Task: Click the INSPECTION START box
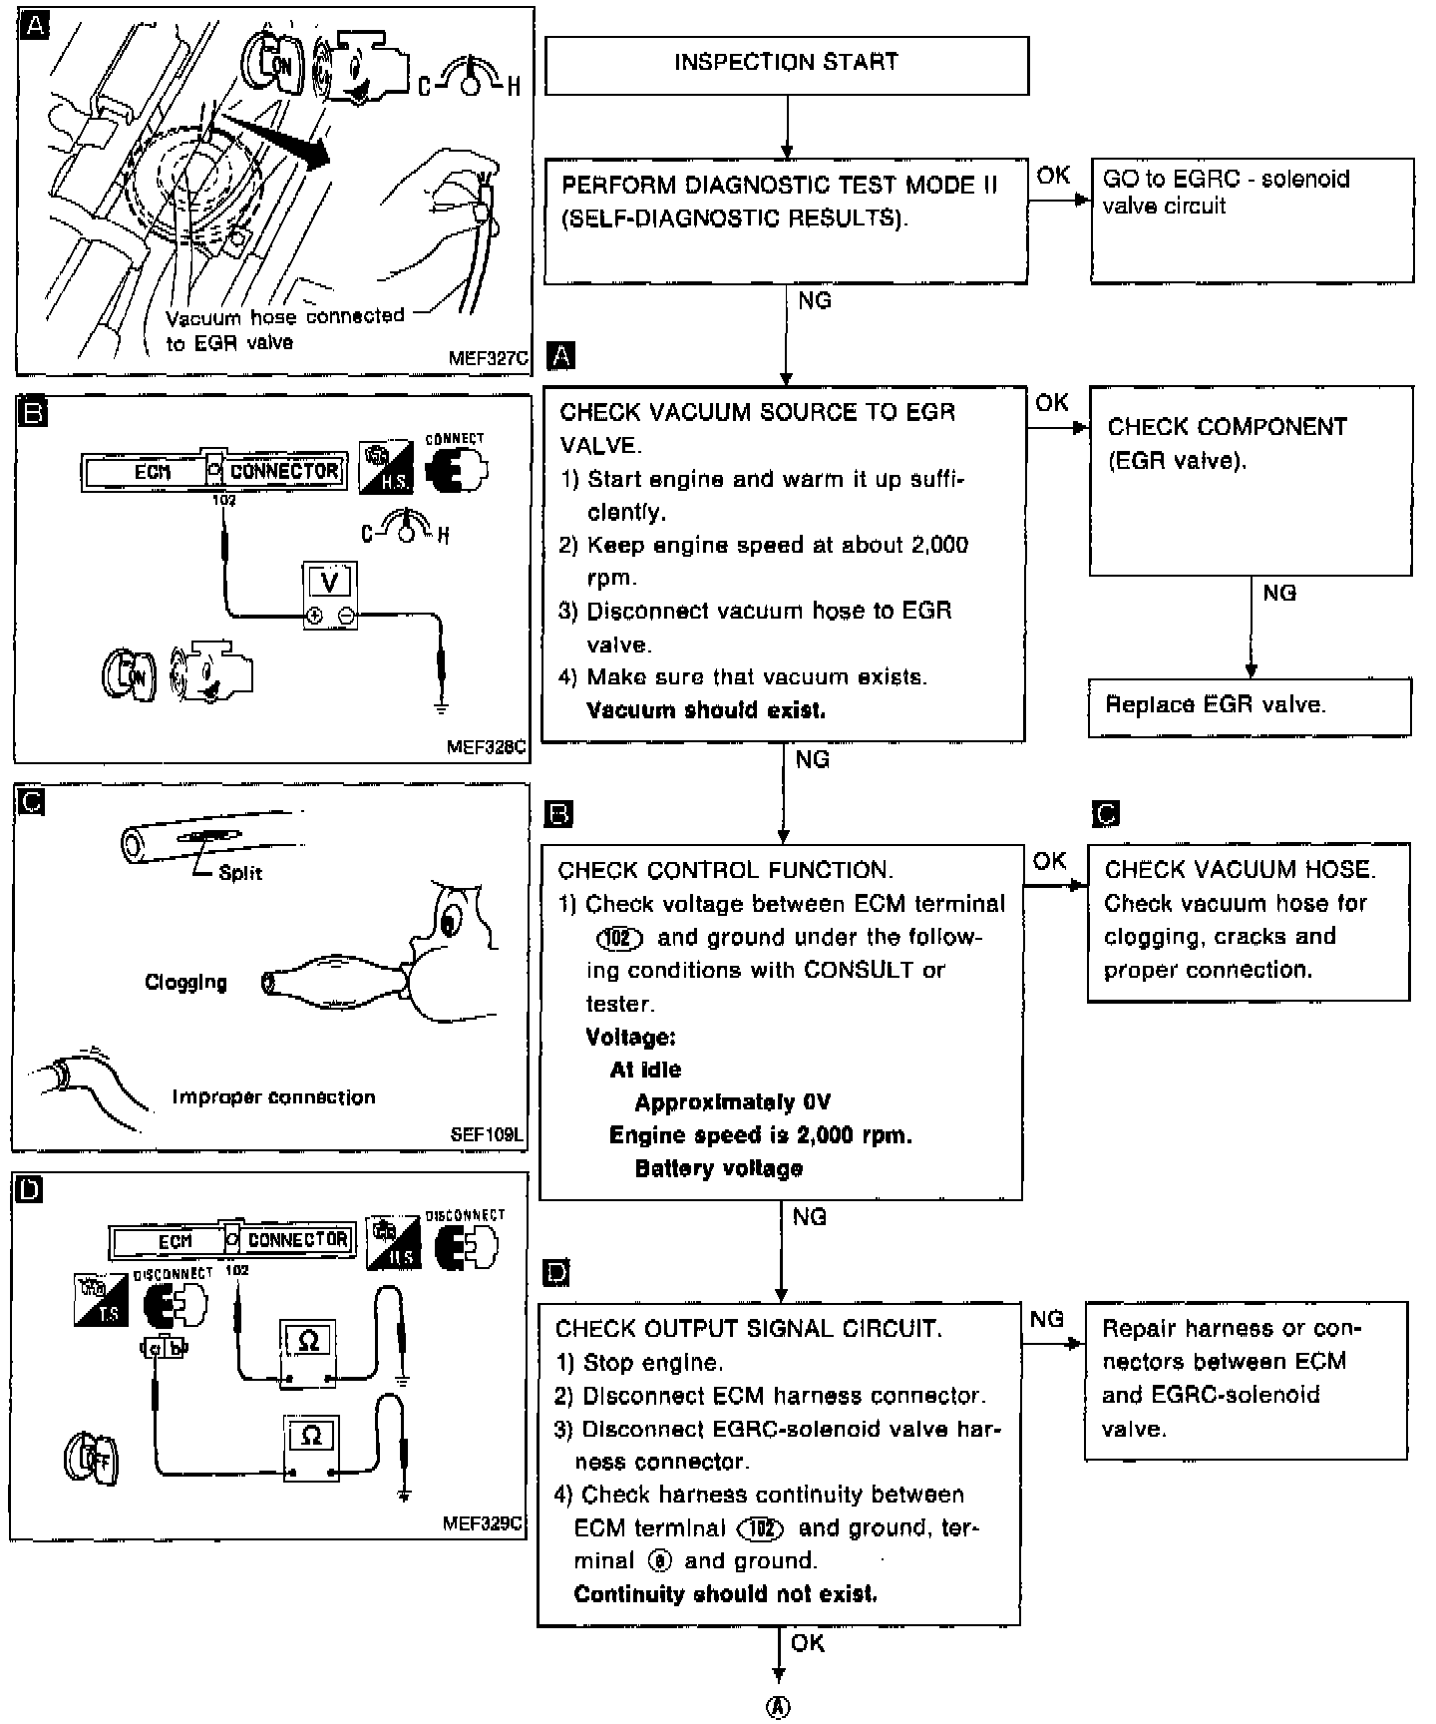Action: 786,64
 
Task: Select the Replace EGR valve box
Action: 1249,706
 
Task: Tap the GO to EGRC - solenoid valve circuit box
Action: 1252,219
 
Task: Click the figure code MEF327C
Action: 488,358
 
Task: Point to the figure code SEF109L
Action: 487,1135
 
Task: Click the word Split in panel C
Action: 240,873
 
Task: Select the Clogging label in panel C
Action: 185,983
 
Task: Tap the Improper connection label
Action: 273,1097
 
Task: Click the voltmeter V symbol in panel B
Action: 330,581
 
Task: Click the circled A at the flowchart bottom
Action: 778,1708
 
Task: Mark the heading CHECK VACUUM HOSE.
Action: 1240,869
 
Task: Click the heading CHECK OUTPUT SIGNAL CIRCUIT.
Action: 748,1329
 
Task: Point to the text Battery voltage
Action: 718,1168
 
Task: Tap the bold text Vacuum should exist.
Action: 706,710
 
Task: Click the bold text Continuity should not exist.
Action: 725,1593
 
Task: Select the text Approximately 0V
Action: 732,1102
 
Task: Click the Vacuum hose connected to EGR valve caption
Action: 284,329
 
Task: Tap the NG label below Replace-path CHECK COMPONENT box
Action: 1279,594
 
